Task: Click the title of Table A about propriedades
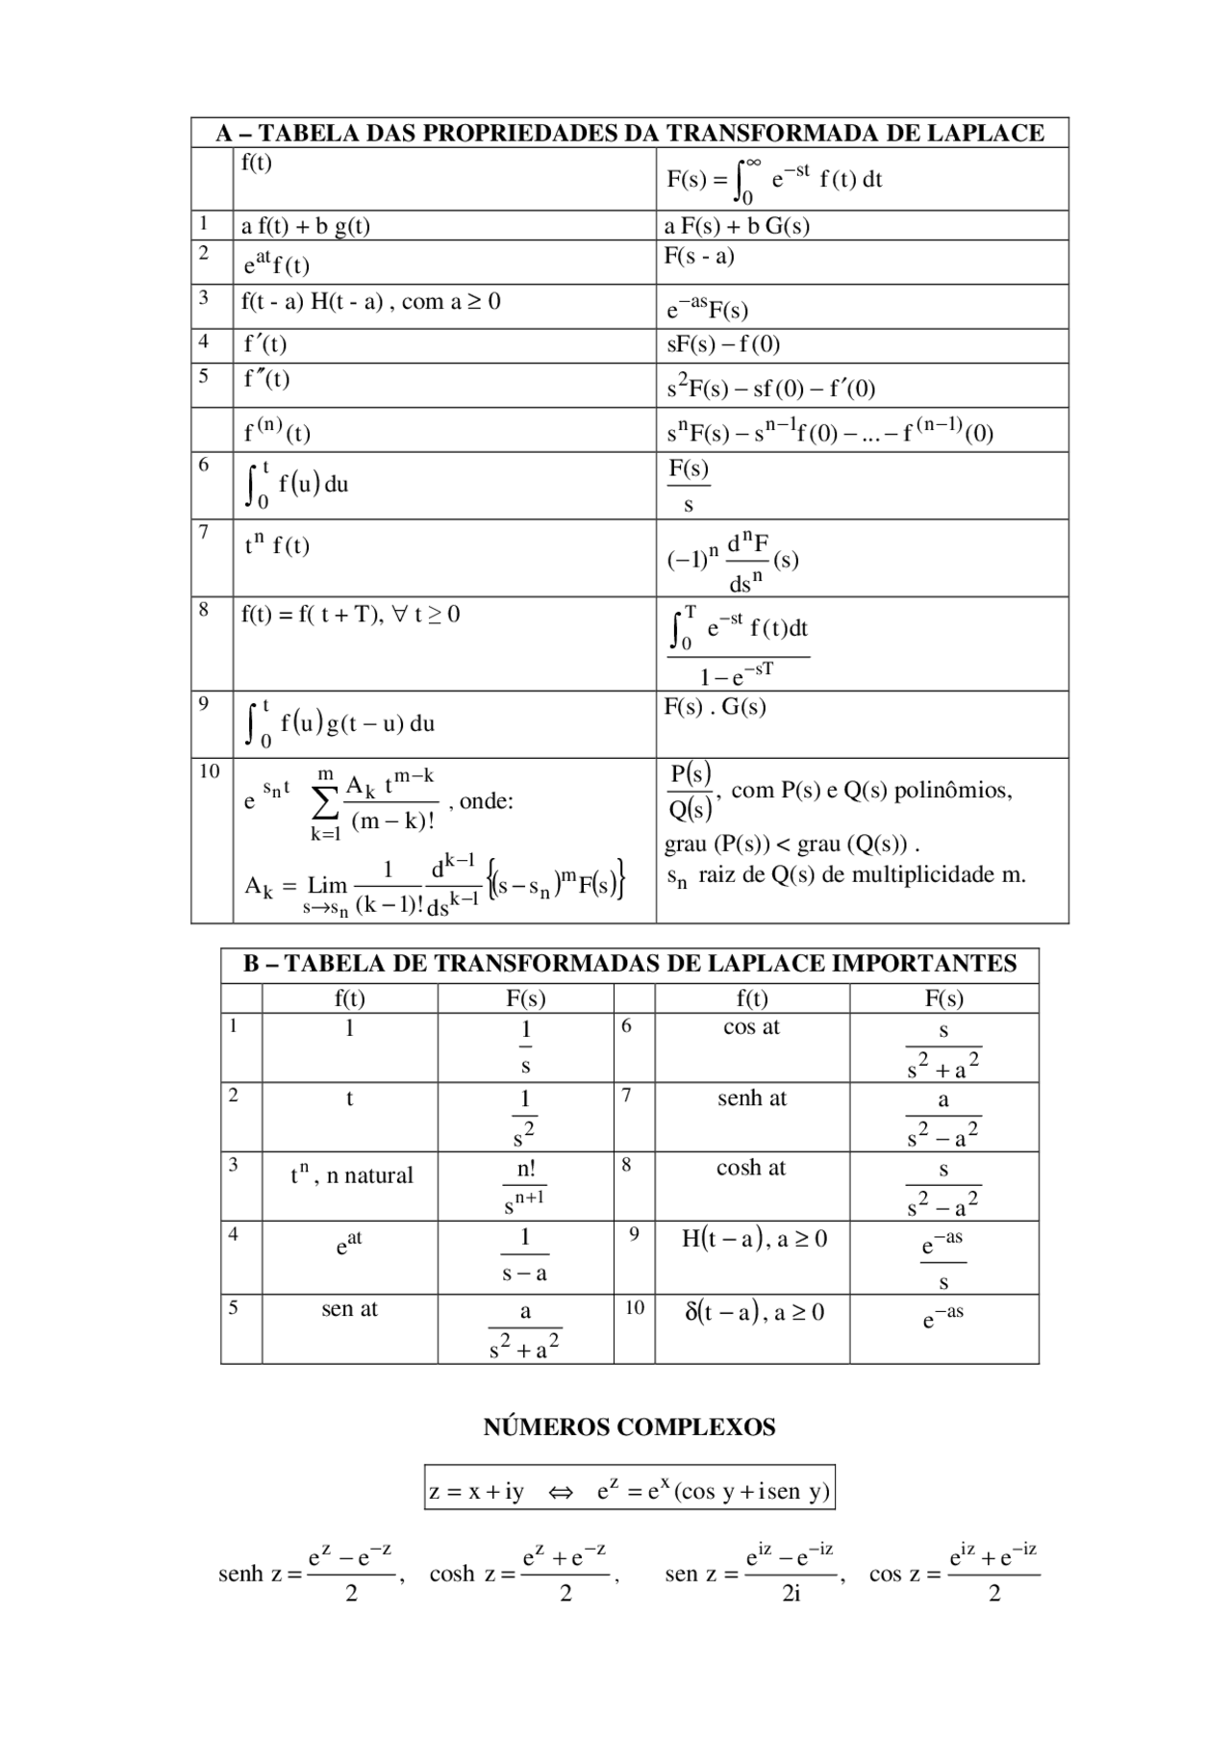tap(630, 133)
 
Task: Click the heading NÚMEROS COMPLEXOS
tap(629, 1426)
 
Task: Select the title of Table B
tap(630, 964)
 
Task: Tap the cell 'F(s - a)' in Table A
tap(699, 256)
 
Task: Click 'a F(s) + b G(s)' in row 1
tap(737, 226)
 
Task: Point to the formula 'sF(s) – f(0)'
tap(723, 344)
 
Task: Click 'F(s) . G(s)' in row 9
tap(715, 707)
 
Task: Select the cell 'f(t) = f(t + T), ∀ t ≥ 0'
tap(350, 614)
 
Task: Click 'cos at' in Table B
tap(751, 1027)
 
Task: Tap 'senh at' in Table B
tap(751, 1098)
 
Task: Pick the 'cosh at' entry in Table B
tap(751, 1168)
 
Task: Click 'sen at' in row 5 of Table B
tap(349, 1308)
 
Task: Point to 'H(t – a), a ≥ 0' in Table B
tap(753, 1239)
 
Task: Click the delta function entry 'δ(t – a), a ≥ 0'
tap(753, 1312)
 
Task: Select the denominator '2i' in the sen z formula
tap(791, 1594)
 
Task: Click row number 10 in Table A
tap(210, 771)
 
